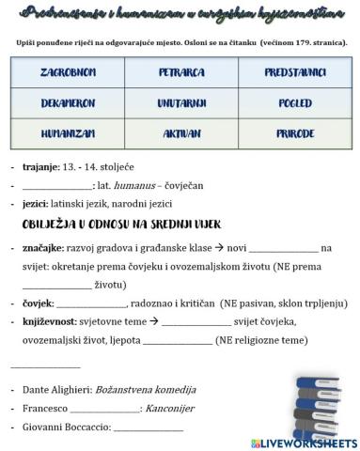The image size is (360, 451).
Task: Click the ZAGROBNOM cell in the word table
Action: point(67,71)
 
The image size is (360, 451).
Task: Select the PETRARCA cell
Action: point(179,71)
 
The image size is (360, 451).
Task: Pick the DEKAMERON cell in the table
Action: point(67,105)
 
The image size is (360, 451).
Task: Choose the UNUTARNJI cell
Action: point(179,105)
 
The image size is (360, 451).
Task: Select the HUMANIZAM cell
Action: point(67,134)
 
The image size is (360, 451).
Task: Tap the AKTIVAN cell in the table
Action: point(179,134)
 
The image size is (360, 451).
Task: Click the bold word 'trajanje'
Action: point(37,167)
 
